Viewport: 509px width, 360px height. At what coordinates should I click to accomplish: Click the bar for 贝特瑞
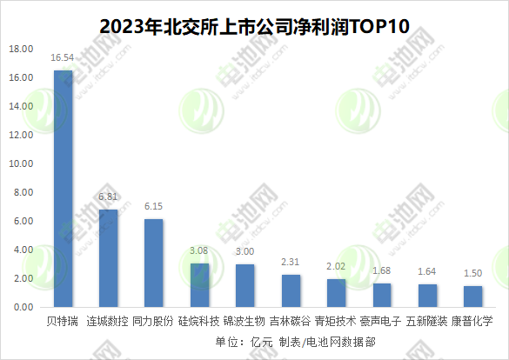64,189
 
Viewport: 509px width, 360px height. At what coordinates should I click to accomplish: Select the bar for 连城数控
109,258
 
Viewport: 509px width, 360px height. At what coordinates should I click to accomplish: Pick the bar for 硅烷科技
199,285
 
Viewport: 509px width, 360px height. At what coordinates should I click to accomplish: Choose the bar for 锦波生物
244,286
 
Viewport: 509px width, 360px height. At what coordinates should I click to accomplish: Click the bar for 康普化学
472,297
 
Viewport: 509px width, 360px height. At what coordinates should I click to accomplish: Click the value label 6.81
109,198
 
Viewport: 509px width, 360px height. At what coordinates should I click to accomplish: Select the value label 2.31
291,262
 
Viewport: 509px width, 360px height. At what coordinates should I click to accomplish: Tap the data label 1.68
382,270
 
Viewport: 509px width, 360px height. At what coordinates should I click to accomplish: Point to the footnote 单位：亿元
244,342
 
